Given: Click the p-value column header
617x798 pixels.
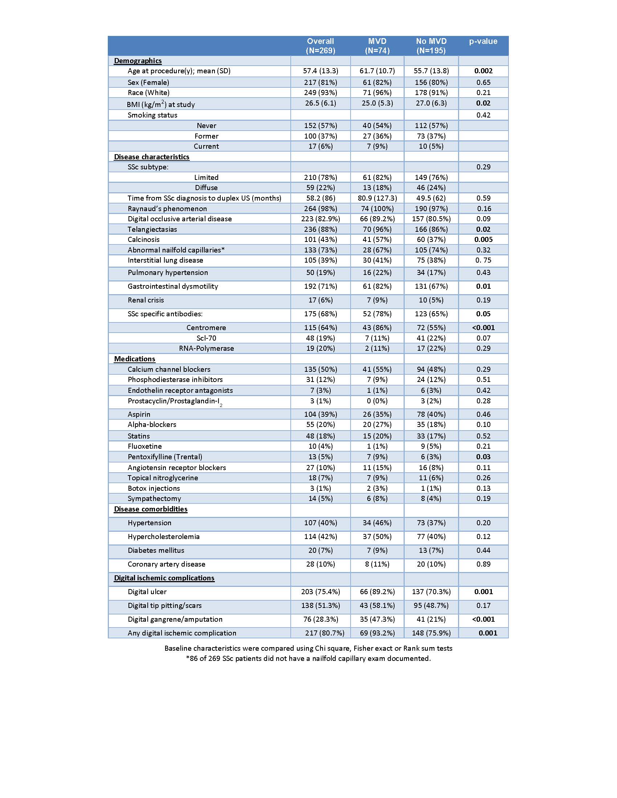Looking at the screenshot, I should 483,41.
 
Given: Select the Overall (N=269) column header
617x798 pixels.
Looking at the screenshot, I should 320,46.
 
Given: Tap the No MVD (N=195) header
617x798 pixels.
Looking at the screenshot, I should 431,46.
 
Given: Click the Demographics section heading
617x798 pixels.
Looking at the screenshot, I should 138,61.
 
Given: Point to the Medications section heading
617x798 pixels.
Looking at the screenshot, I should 135,359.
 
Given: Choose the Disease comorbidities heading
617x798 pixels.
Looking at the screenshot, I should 151,509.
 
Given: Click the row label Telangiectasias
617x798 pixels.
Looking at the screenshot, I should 152,229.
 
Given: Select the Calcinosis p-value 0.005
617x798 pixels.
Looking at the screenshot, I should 483,239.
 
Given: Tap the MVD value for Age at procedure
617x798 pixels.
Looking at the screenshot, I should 377,71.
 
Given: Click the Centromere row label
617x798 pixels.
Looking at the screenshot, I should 206,328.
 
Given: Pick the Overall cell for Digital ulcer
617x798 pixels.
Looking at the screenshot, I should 320,592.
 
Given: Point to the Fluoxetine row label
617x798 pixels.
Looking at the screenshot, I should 144,446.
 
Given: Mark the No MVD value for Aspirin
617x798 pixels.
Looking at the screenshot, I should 431,414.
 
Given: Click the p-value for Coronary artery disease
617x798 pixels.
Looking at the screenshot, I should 483,564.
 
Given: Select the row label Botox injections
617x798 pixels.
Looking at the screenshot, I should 154,488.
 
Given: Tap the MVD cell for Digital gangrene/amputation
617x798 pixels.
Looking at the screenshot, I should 377,619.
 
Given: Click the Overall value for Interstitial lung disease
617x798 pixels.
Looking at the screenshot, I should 320,260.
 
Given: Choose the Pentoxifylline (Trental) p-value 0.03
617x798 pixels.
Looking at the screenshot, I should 483,457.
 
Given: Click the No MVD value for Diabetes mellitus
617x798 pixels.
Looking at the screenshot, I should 431,550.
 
